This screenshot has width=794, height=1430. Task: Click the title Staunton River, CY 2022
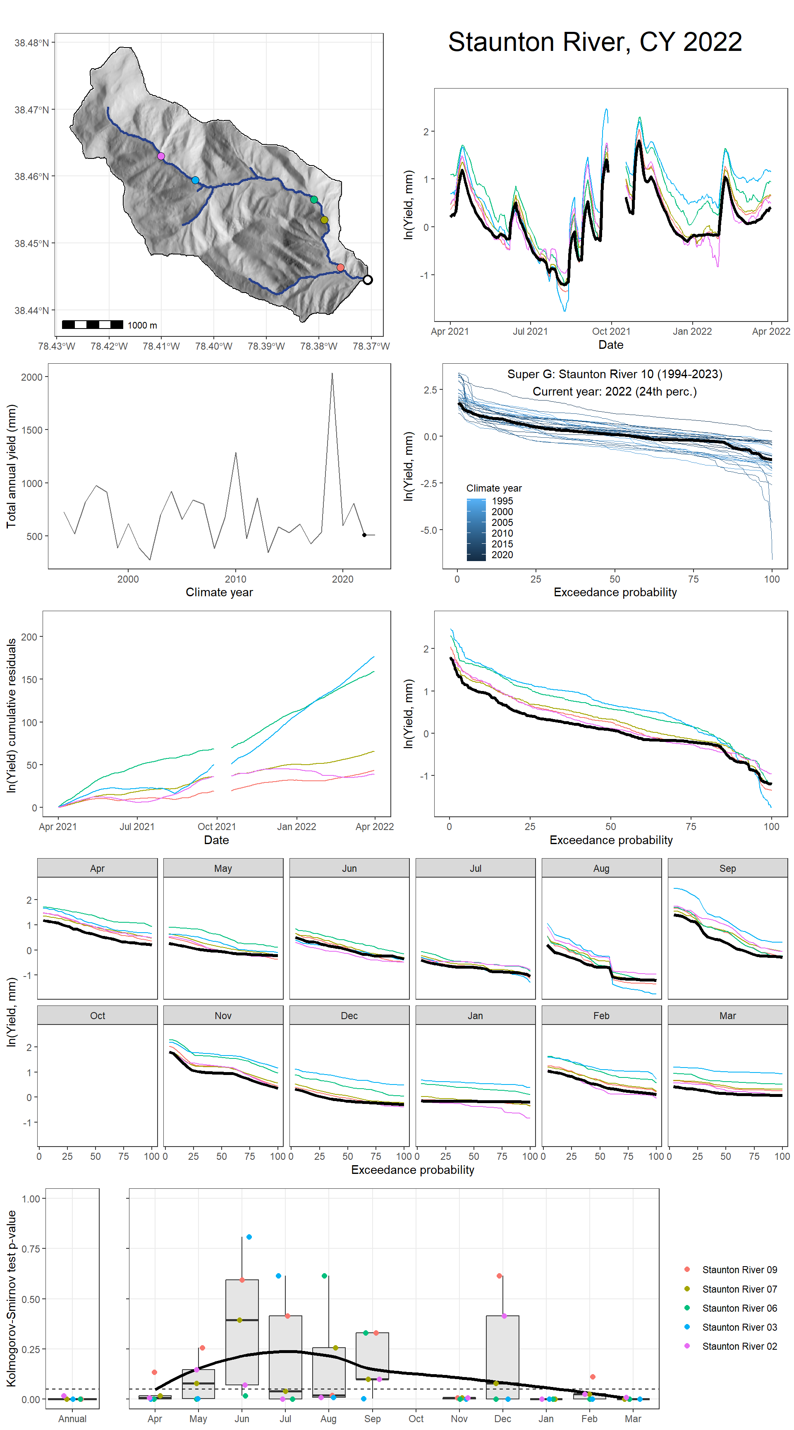(594, 42)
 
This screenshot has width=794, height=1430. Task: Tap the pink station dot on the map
(161, 156)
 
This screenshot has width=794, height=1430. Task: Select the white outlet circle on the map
(367, 280)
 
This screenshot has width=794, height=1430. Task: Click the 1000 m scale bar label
(142, 325)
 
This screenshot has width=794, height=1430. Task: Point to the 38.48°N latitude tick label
(31, 43)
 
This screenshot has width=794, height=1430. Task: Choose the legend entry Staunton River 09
(739, 1269)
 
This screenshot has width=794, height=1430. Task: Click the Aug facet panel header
(601, 868)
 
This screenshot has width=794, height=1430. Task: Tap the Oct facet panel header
(97, 1015)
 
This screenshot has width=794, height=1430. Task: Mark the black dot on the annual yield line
(364, 535)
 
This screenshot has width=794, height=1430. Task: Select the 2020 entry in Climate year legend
(502, 554)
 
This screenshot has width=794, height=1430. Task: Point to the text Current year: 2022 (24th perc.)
(614, 391)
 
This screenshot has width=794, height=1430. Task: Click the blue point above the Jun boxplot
(249, 1237)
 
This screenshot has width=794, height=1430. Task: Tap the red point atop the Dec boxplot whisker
(500, 1276)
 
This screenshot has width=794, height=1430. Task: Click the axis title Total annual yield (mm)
(11, 466)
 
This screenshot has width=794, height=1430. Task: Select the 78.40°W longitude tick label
(214, 346)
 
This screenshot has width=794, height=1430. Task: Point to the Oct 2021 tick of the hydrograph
(611, 331)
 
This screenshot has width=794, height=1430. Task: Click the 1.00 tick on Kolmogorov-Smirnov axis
(31, 1199)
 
